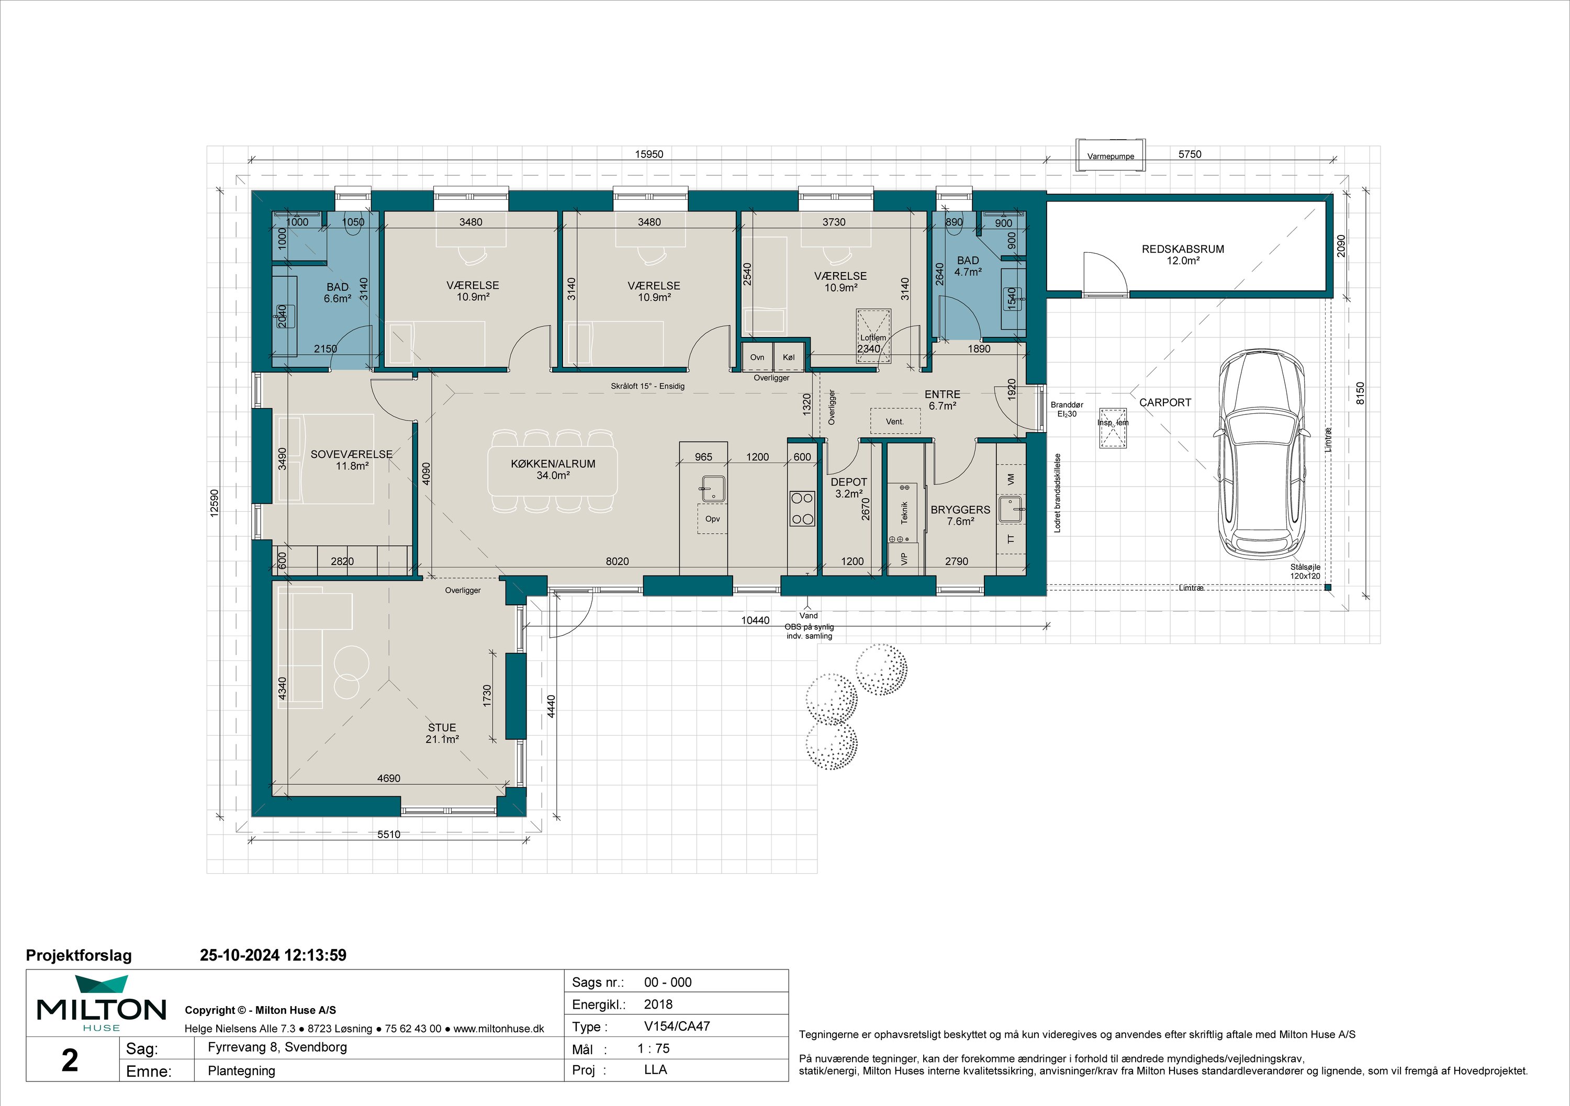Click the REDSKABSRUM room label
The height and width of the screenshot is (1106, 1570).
click(1183, 250)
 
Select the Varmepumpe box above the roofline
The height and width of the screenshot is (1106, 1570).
click(1111, 151)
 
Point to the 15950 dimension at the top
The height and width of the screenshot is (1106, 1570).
click(649, 154)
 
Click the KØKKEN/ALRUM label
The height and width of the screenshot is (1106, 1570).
click(553, 464)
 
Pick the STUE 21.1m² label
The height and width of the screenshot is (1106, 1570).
click(442, 733)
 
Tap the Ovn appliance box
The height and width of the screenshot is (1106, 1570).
click(757, 357)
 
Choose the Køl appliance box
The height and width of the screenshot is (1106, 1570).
click(789, 357)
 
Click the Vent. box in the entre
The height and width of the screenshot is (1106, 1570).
click(895, 421)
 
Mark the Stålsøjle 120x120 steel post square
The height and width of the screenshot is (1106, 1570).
click(1327, 587)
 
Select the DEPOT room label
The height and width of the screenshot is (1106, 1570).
click(849, 482)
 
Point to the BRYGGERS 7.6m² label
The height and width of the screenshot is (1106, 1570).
click(960, 515)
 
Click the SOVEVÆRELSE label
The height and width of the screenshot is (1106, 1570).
click(352, 454)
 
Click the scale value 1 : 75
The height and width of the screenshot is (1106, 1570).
click(654, 1048)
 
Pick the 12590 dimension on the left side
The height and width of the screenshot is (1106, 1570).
click(214, 503)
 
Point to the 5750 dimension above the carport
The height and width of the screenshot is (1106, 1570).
click(1190, 154)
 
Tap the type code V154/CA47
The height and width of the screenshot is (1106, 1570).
click(677, 1026)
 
